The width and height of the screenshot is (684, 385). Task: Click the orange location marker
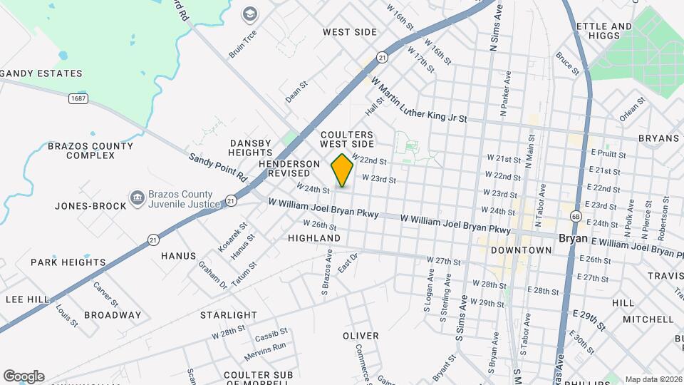tap(342, 170)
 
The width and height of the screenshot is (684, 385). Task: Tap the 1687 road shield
tap(78, 98)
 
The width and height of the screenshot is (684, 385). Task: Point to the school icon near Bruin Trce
tap(250, 14)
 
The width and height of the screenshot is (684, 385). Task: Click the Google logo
tap(24, 376)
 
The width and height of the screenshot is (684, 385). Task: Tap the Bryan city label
tap(572, 238)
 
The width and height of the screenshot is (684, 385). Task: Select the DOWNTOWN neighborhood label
tap(522, 250)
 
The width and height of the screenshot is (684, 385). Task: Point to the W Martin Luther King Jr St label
tap(418, 101)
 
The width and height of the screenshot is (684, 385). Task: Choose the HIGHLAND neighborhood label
tap(314, 237)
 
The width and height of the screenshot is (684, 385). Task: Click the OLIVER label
tap(361, 335)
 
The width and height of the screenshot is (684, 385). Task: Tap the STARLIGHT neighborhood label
tap(228, 314)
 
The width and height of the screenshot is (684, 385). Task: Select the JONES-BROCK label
tap(90, 206)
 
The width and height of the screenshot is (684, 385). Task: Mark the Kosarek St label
tap(232, 237)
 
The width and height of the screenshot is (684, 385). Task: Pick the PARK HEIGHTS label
tap(68, 262)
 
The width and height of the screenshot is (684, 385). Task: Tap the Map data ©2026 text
tap(653, 379)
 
